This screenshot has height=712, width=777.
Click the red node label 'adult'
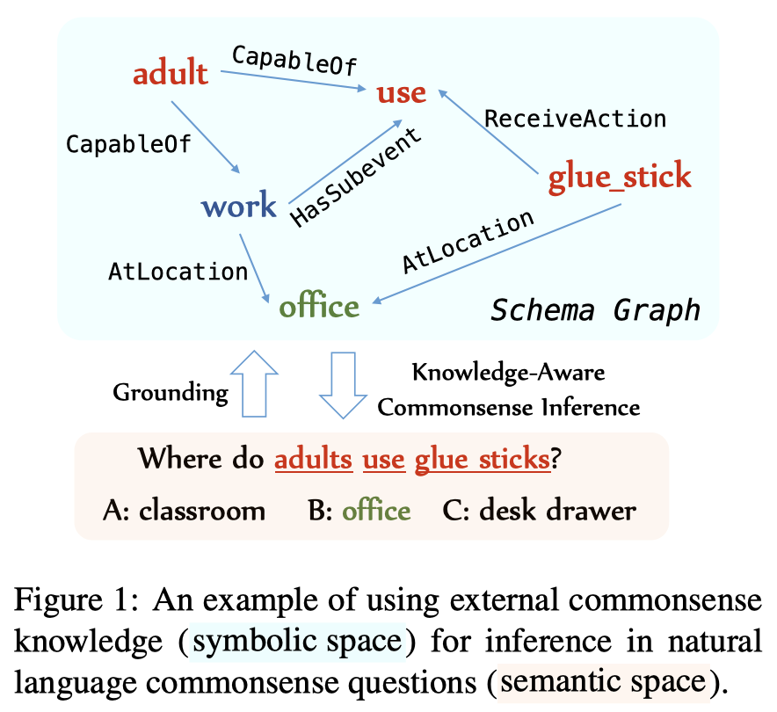[x=171, y=73]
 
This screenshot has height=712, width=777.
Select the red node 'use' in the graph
[x=402, y=93]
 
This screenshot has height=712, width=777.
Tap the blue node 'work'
[x=239, y=204]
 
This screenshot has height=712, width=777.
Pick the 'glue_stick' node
[x=620, y=177]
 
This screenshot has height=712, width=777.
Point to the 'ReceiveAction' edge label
[x=576, y=119]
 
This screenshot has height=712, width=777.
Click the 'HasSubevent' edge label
[x=356, y=178]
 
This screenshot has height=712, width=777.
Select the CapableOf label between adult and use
[x=294, y=61]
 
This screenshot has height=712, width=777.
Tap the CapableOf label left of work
[x=128, y=144]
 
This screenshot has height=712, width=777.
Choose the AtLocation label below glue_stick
[x=468, y=242]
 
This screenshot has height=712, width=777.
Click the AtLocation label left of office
[x=178, y=272]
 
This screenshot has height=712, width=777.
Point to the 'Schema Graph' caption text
[x=595, y=311]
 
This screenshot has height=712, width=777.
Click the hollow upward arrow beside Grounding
[x=254, y=384]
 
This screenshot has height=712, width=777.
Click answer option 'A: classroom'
[x=184, y=511]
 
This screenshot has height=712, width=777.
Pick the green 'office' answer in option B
[x=376, y=510]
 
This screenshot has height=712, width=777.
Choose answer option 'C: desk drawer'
[x=539, y=510]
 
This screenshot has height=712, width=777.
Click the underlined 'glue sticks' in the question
[x=483, y=459]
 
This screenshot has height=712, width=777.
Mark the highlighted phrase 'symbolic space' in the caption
[x=297, y=642]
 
